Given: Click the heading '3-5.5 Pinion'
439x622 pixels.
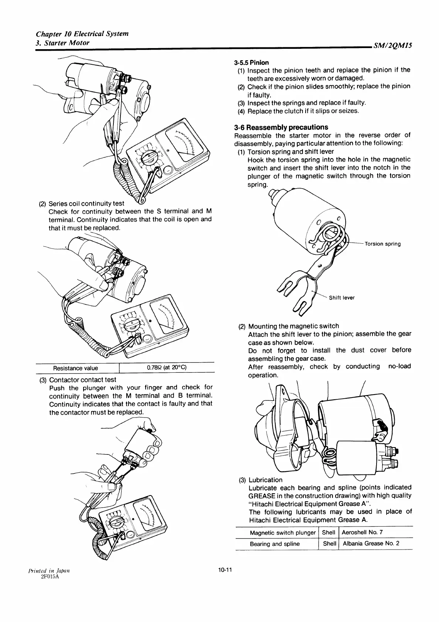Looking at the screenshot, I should (x=251, y=62).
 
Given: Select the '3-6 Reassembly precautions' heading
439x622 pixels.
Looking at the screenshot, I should (x=281, y=127).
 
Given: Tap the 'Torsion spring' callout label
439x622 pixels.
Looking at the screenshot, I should (x=382, y=244).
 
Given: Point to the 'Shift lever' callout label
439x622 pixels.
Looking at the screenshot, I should (x=342, y=298).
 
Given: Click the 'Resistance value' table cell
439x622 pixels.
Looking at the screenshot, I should (x=76, y=368).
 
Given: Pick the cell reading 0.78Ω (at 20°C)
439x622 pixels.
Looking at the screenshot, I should (x=167, y=368).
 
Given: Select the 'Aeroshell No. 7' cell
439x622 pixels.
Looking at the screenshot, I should (x=363, y=532).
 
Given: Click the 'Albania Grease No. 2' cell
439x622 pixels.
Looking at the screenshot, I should (x=371, y=544).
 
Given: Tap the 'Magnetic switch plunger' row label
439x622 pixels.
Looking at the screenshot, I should (x=283, y=533).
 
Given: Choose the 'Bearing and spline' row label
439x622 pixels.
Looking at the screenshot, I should (x=275, y=544).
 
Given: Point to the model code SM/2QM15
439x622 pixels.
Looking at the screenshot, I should (x=393, y=46).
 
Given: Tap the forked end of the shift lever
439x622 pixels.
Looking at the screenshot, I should (x=296, y=296).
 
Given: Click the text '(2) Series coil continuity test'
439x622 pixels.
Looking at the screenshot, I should (x=82, y=203).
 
